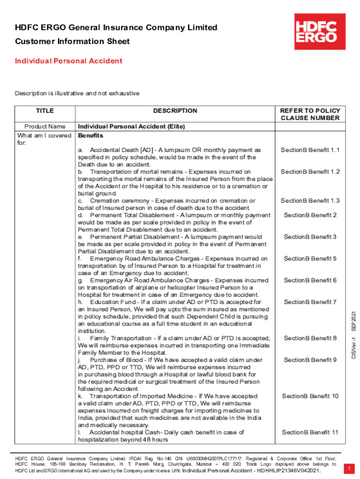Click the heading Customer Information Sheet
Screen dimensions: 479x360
point(72,42)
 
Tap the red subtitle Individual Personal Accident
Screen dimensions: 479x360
point(69,61)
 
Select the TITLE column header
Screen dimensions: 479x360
point(45,111)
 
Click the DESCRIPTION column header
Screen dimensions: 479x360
point(175,111)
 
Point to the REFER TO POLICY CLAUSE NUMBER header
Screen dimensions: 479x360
point(310,114)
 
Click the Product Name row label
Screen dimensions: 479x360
point(45,126)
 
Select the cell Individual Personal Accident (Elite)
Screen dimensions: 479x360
point(131,126)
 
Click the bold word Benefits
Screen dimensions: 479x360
point(90,136)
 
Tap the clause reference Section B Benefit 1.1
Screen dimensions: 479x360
point(310,150)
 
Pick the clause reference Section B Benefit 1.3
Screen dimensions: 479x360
point(310,201)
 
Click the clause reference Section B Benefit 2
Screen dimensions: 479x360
point(310,215)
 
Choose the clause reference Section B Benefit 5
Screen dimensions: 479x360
point(310,259)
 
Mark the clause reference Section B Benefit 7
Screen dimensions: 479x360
point(310,302)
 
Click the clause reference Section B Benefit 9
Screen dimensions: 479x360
point(310,360)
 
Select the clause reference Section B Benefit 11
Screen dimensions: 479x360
point(310,432)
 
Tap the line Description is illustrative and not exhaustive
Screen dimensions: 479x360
point(77,94)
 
